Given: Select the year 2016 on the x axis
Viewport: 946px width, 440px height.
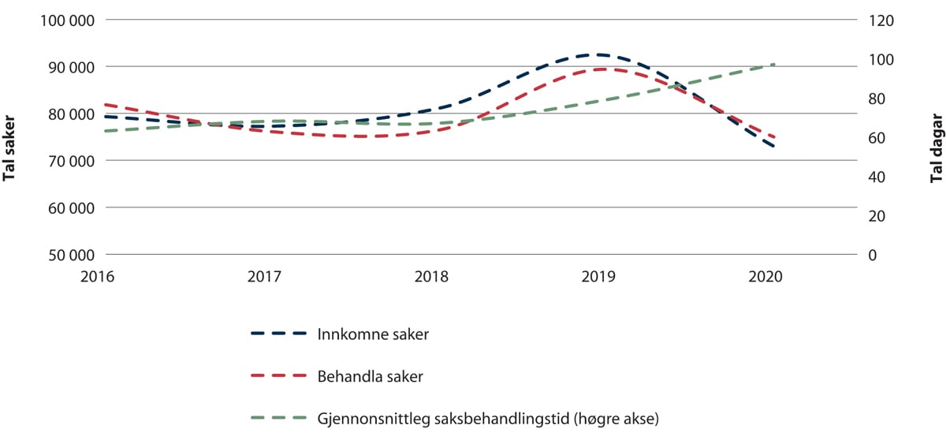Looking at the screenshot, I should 102,277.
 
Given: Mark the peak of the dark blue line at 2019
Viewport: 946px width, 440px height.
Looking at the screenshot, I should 601,54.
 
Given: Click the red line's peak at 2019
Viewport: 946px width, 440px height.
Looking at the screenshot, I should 601,69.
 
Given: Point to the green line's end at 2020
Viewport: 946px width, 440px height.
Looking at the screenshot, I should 774,64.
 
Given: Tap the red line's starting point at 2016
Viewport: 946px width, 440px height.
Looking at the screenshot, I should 104,104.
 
